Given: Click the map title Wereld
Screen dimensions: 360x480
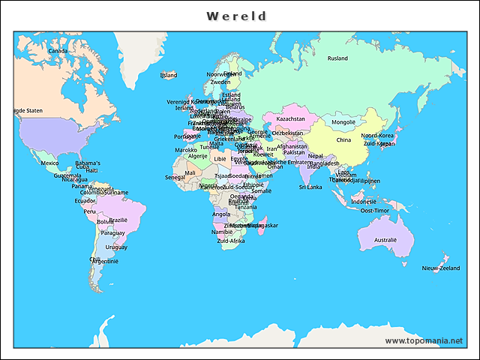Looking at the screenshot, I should pyautogui.click(x=236, y=16).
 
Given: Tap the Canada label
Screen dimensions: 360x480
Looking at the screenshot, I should pyautogui.click(x=58, y=51).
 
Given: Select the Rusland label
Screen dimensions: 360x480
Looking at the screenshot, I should pyautogui.click(x=337, y=58).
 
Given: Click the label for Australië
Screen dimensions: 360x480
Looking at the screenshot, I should pyautogui.click(x=385, y=240).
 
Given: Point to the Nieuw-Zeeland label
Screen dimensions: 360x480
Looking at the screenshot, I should pyautogui.click(x=440, y=268).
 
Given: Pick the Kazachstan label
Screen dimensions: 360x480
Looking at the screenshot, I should pyautogui.click(x=290, y=118).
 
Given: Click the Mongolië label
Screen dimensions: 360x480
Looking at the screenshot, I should pyautogui.click(x=343, y=121).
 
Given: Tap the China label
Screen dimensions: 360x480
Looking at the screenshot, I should pyautogui.click(x=343, y=140).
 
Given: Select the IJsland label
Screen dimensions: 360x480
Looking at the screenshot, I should pyautogui.click(x=169, y=75).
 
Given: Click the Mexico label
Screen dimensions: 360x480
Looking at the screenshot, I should pyautogui.click(x=49, y=163).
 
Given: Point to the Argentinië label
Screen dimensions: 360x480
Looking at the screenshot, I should pyautogui.click(x=106, y=261).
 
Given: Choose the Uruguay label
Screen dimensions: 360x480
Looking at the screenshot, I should pyautogui.click(x=116, y=247).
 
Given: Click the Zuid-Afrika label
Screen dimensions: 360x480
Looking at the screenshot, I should pyautogui.click(x=231, y=241).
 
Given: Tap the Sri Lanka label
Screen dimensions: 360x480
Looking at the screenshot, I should pyautogui.click(x=310, y=187).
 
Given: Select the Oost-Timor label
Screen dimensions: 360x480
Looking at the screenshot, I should pyautogui.click(x=375, y=211).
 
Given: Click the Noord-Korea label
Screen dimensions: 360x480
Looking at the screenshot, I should pyautogui.click(x=377, y=136).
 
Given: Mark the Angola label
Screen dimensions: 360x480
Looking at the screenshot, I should pyautogui.click(x=221, y=214).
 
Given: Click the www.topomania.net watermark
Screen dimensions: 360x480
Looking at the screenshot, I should pyautogui.click(x=424, y=340).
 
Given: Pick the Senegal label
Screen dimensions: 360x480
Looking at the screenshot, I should pyautogui.click(x=175, y=177).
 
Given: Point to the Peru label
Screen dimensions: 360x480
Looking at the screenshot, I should pyautogui.click(x=89, y=211).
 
